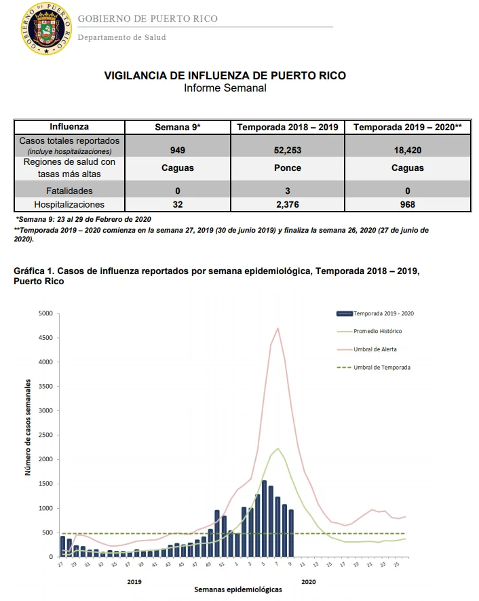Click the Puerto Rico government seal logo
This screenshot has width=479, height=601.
point(46,28)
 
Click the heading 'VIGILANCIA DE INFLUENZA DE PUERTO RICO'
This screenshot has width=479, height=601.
point(225,75)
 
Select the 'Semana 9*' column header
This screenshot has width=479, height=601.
point(178,128)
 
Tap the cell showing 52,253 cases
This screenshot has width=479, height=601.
point(288,151)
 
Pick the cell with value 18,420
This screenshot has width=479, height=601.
point(408,151)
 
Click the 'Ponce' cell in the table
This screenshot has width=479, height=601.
point(288,168)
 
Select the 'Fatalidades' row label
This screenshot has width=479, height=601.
point(69,191)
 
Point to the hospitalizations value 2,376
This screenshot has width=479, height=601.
point(288,204)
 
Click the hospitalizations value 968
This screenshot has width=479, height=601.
point(408,204)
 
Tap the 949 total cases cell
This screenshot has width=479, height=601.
point(178,151)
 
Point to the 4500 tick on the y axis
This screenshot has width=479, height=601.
point(45,338)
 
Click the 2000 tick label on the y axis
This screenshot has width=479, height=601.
point(45,459)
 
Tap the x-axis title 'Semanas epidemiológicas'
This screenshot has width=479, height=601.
point(237,589)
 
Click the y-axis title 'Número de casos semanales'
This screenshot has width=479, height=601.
point(28,427)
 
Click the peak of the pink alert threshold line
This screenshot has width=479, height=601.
point(277,328)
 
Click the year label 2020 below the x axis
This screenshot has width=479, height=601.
point(309,582)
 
